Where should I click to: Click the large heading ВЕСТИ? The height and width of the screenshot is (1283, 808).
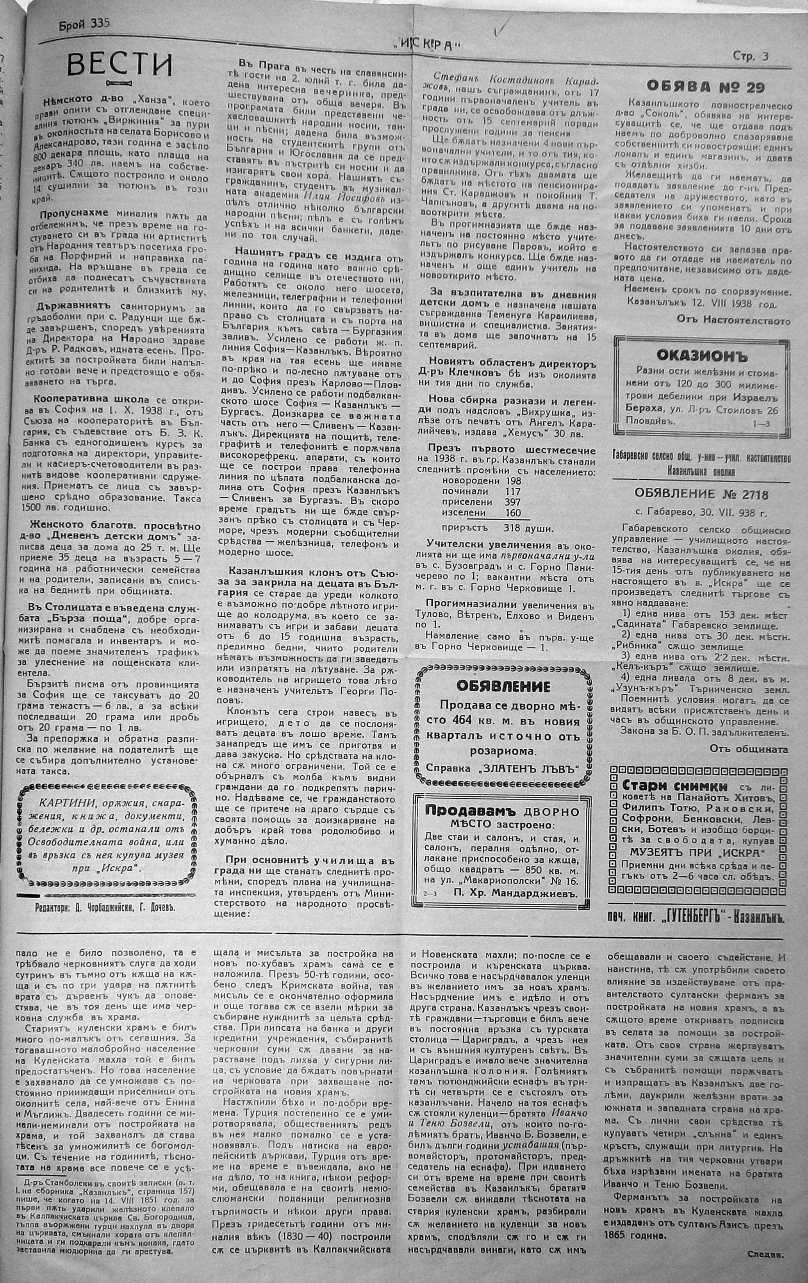click(120, 66)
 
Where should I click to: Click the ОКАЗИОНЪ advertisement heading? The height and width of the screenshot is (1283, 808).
click(702, 354)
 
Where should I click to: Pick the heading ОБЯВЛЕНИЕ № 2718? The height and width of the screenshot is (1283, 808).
click(701, 494)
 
